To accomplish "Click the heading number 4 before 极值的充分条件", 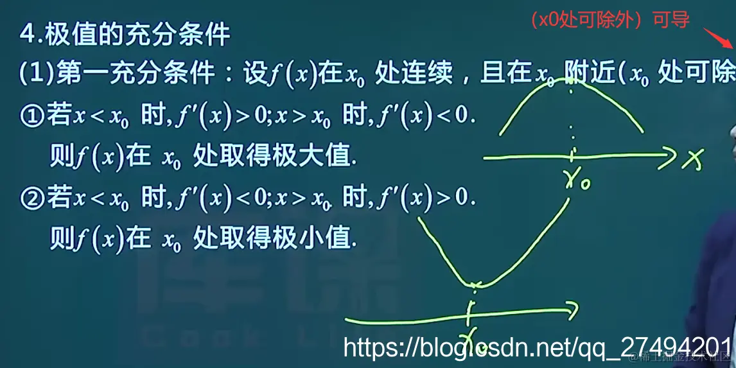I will click(28, 35).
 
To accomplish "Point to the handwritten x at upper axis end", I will click(691, 161).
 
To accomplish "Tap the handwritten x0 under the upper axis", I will click(578, 182).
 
